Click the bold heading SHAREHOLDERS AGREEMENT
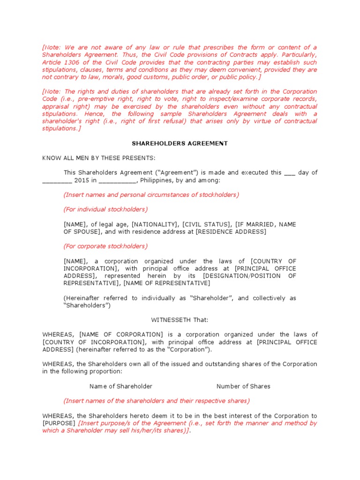pyautogui.click(x=180, y=143)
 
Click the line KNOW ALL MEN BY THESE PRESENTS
pyautogui.click(x=98, y=157)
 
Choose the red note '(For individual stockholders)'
pyautogui.click(x=105, y=209)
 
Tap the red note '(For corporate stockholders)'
pyautogui.click(x=105, y=246)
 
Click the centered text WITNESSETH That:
pyautogui.click(x=180, y=320)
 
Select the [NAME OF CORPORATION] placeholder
pyautogui.click(x=121, y=334)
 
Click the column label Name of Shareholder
pyautogui.click(x=121, y=386)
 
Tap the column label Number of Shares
pyautogui.click(x=243, y=386)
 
